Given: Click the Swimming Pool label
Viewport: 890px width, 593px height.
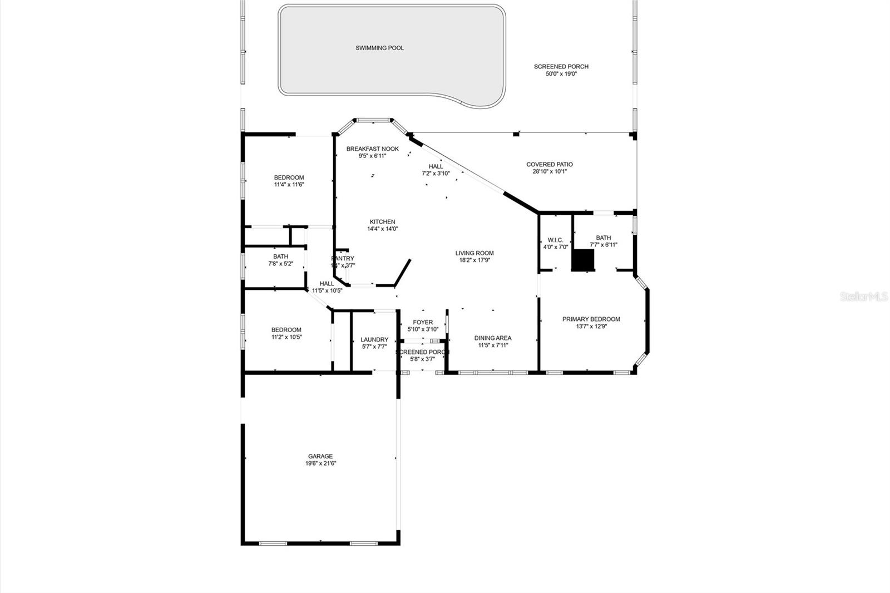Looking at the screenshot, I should [379, 48].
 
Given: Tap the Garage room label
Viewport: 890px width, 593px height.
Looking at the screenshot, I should [320, 456].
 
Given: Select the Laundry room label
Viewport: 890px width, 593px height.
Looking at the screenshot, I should [374, 339].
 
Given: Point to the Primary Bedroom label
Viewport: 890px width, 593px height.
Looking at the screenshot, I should [591, 319].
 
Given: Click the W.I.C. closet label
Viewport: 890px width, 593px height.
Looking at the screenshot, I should [555, 240].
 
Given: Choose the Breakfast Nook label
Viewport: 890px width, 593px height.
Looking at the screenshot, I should [372, 149].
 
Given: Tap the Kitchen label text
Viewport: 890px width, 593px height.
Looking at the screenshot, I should [382, 222].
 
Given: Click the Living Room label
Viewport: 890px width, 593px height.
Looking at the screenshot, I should [474, 253].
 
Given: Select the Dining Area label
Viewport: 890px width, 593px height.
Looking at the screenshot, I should [492, 338].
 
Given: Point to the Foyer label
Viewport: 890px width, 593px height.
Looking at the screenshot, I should [423, 322].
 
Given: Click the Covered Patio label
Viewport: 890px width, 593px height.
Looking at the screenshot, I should [549, 165].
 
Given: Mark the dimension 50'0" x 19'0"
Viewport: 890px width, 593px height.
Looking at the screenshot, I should [561, 73].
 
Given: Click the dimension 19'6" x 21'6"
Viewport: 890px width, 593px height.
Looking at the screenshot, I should [320, 463].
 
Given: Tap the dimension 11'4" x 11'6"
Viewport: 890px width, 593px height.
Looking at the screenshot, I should [289, 185].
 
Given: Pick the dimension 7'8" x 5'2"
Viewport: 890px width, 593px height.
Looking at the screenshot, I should [280, 264].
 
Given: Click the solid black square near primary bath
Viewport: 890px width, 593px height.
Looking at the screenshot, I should [584, 260].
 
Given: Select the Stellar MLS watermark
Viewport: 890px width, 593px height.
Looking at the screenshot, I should [864, 297].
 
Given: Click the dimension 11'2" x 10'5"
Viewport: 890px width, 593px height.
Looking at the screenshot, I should [286, 337].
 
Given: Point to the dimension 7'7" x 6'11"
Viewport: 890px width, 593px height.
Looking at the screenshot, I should [604, 245].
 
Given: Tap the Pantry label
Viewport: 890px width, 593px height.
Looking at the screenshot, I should [343, 259].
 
